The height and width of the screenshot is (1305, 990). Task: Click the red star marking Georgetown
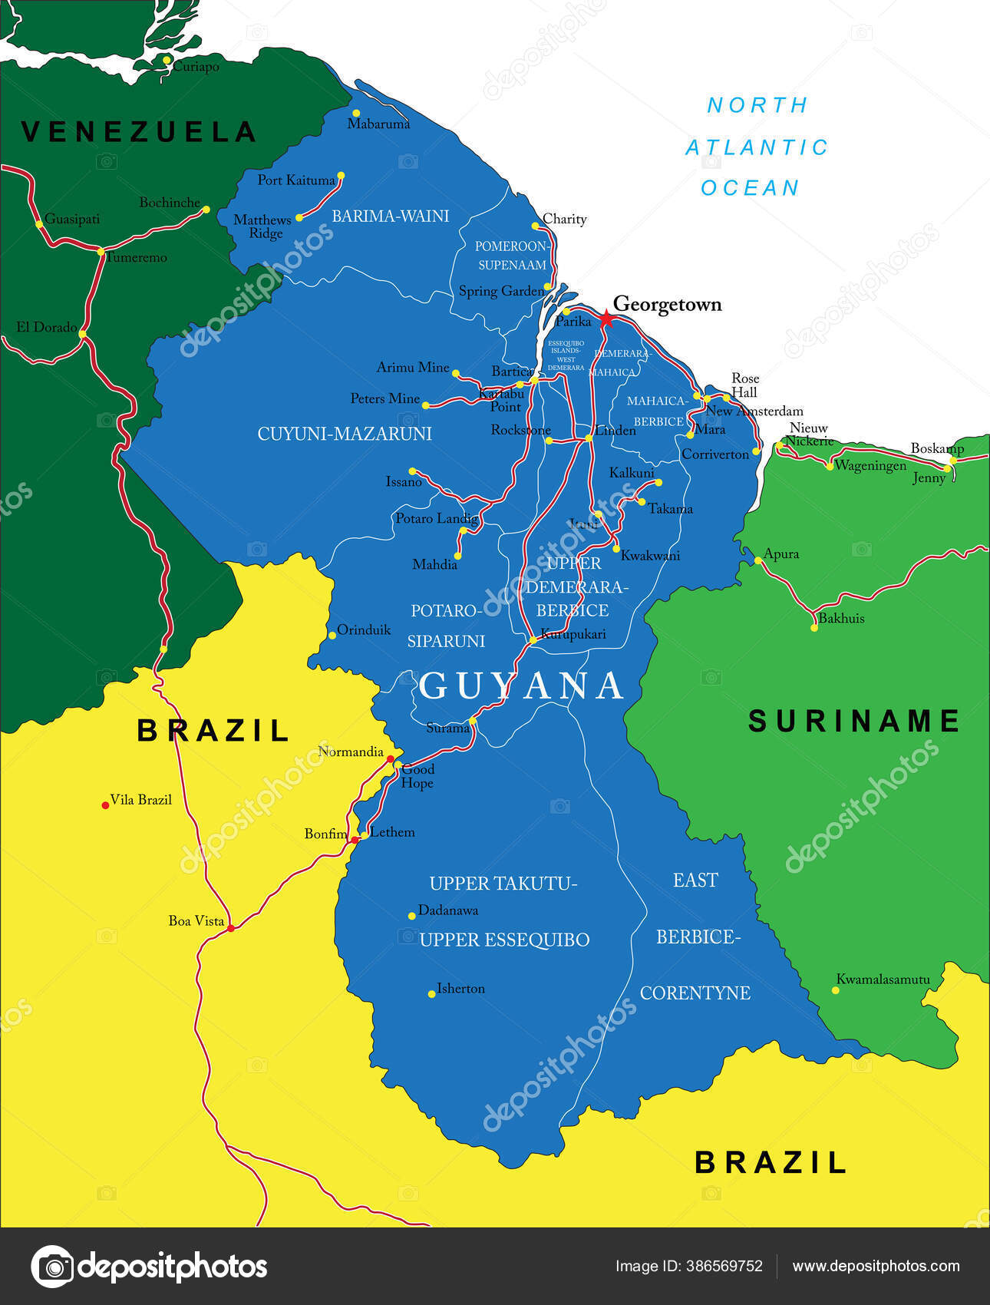coord(606,319)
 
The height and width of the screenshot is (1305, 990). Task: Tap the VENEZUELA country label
coord(138,132)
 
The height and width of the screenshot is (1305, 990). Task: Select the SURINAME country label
coord(853,721)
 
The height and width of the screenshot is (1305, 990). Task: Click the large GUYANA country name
coord(522,686)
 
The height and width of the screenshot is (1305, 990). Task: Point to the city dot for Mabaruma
coord(356,113)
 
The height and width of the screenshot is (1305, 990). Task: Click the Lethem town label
coord(392,832)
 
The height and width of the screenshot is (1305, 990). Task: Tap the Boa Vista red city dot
coord(230,928)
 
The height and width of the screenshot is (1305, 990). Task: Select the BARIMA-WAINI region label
coord(390,216)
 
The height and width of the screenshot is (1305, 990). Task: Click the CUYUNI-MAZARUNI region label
coord(345,434)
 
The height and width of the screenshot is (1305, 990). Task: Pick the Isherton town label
coord(460,989)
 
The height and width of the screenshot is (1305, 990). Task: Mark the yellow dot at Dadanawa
coord(412,916)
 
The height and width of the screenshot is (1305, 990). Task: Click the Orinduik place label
coord(364,630)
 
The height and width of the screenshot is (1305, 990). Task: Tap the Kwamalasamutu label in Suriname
coord(883,980)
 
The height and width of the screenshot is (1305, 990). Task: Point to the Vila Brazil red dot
coord(105,804)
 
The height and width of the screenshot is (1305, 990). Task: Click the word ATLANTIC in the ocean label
coord(757,147)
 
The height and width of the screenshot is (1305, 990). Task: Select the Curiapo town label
coord(196,67)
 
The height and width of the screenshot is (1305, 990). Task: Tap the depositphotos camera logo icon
coord(52,1267)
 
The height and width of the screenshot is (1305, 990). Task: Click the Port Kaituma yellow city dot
coord(341,176)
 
